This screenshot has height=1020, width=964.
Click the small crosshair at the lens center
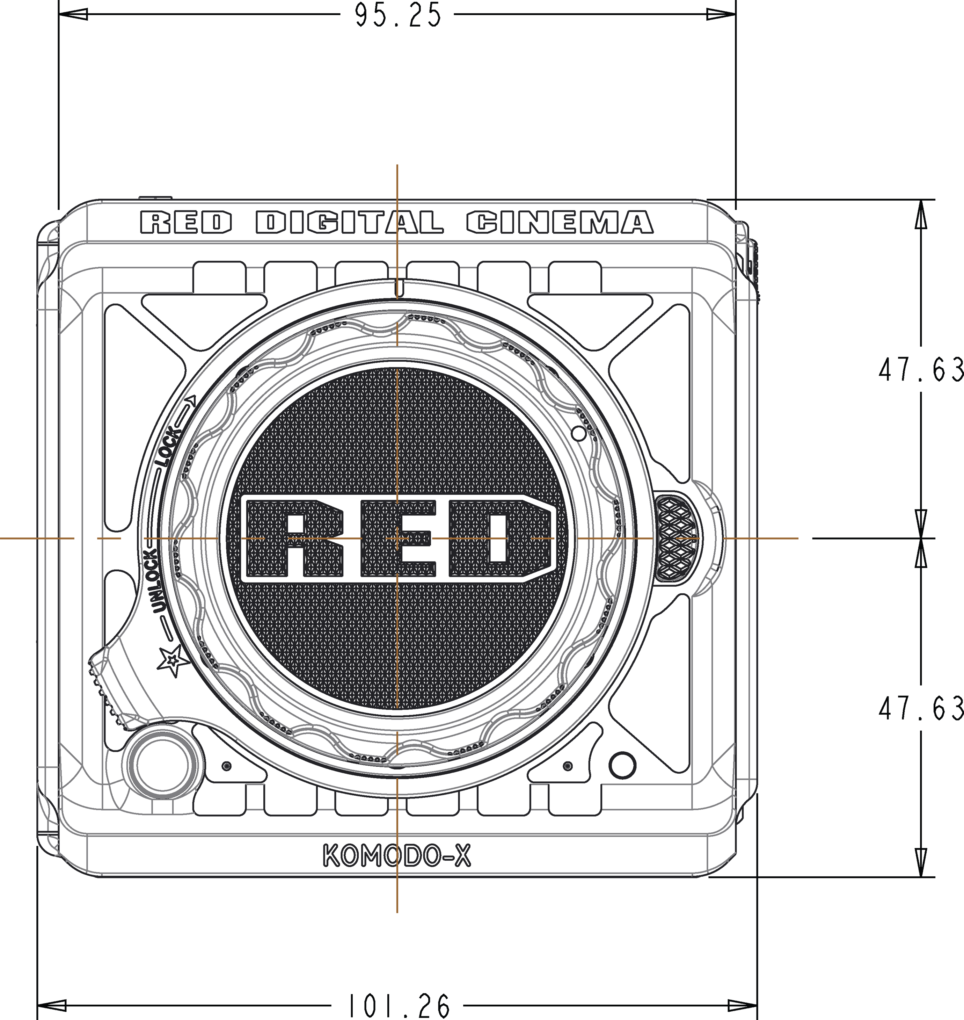coord(397,538)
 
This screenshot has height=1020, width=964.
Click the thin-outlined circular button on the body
coord(162,765)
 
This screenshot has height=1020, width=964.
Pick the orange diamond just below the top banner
coord(397,255)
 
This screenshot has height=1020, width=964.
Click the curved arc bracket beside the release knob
coord(720,538)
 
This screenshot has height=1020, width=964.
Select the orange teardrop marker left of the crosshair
coord(349,538)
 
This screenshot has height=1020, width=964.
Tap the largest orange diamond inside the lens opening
coord(497,538)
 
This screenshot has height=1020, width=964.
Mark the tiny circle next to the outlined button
coord(227,766)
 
